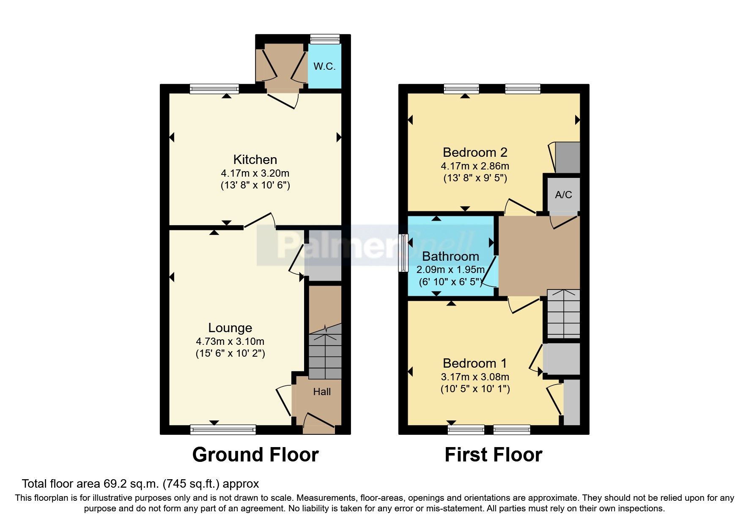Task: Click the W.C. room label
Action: (324, 66)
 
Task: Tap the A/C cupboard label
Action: (563, 195)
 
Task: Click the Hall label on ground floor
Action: (322, 392)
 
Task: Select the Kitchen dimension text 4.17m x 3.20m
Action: (255, 173)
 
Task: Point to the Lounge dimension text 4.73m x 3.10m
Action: (230, 341)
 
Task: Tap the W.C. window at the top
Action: (325, 39)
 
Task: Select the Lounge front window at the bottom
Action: (223, 430)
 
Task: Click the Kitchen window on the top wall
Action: (214, 89)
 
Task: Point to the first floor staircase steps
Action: (563, 314)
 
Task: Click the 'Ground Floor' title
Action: (255, 455)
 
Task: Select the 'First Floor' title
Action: (493, 455)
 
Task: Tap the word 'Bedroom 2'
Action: (475, 152)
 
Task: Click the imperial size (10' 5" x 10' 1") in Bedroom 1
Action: (475, 389)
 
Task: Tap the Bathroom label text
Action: (450, 257)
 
